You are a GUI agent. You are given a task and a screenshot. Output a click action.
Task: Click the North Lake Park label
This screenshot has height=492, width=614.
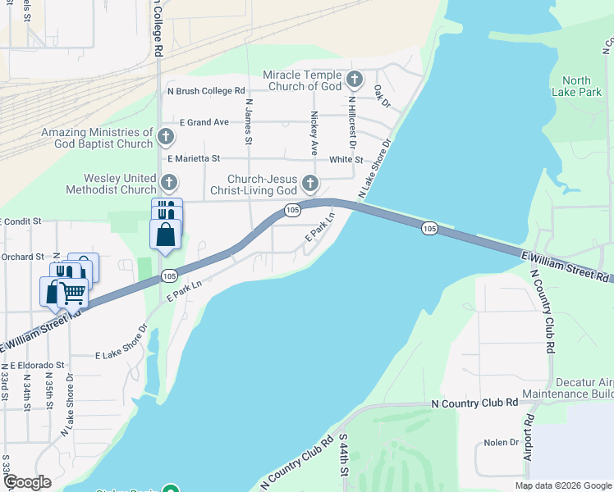576,87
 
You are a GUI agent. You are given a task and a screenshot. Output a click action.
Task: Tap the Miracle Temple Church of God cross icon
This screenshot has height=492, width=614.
355,80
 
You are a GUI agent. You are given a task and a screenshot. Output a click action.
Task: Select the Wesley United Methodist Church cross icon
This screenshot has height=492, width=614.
168,183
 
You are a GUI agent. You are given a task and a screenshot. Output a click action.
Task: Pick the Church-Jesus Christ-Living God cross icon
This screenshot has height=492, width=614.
309,183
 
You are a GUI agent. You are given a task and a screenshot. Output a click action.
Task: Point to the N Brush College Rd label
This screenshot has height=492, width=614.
206,91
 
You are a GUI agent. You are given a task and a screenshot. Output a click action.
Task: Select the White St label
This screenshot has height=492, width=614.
346,160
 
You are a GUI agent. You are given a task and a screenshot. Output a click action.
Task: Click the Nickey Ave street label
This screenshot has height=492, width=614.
314,134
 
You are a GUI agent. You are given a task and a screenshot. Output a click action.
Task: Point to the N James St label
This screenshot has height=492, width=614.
247,119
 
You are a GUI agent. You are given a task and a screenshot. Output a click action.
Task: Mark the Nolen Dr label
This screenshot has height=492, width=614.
502,442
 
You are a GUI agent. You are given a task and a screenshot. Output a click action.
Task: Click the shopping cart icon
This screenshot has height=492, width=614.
72,291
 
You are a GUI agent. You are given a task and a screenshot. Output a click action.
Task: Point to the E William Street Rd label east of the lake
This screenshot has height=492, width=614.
567,268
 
